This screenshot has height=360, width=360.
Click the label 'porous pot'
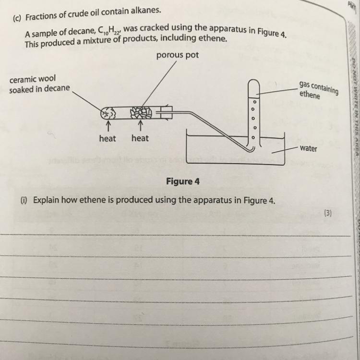(177, 55)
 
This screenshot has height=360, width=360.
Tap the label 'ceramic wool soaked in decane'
(39, 84)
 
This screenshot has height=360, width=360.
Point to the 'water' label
(308, 148)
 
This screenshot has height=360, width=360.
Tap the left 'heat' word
(108, 138)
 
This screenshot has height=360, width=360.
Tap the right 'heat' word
(140, 138)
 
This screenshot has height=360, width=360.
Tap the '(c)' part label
(18, 20)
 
